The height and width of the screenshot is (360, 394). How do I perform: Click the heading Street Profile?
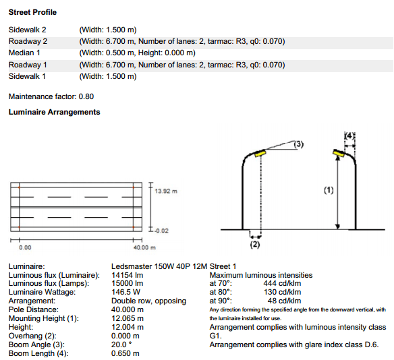[x=32, y=12]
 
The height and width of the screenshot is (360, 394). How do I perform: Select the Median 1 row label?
[x=24, y=53]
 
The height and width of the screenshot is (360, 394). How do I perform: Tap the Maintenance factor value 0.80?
[x=86, y=96]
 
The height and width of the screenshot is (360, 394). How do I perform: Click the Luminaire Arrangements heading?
[x=54, y=112]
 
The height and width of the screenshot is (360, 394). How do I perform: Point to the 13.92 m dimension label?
[x=166, y=191]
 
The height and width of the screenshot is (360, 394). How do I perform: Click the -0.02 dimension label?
[x=161, y=231]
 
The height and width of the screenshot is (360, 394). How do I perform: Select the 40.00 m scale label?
[x=144, y=247]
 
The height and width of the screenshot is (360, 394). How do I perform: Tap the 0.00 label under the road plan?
[x=25, y=247]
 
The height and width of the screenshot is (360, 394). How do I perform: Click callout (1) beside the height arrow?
[x=329, y=190]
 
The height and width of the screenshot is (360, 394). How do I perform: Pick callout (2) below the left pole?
[x=255, y=244]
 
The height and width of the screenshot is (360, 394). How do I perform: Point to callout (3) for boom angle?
[x=298, y=144]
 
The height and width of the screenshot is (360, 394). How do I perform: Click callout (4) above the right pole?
[x=349, y=136]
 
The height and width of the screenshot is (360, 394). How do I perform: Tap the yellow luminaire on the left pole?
[x=260, y=153]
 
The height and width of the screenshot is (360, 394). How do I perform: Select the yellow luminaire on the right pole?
[x=338, y=154]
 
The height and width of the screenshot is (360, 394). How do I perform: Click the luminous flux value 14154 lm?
[x=127, y=275]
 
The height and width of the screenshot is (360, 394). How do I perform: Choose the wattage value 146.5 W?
[x=125, y=292]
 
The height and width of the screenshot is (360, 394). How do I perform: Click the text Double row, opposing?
[x=148, y=301]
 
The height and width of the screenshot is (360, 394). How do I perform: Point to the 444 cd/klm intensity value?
[x=282, y=283]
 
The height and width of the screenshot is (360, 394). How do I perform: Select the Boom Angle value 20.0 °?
[x=121, y=344]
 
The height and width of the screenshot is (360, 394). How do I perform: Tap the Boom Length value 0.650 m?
[x=125, y=353]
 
